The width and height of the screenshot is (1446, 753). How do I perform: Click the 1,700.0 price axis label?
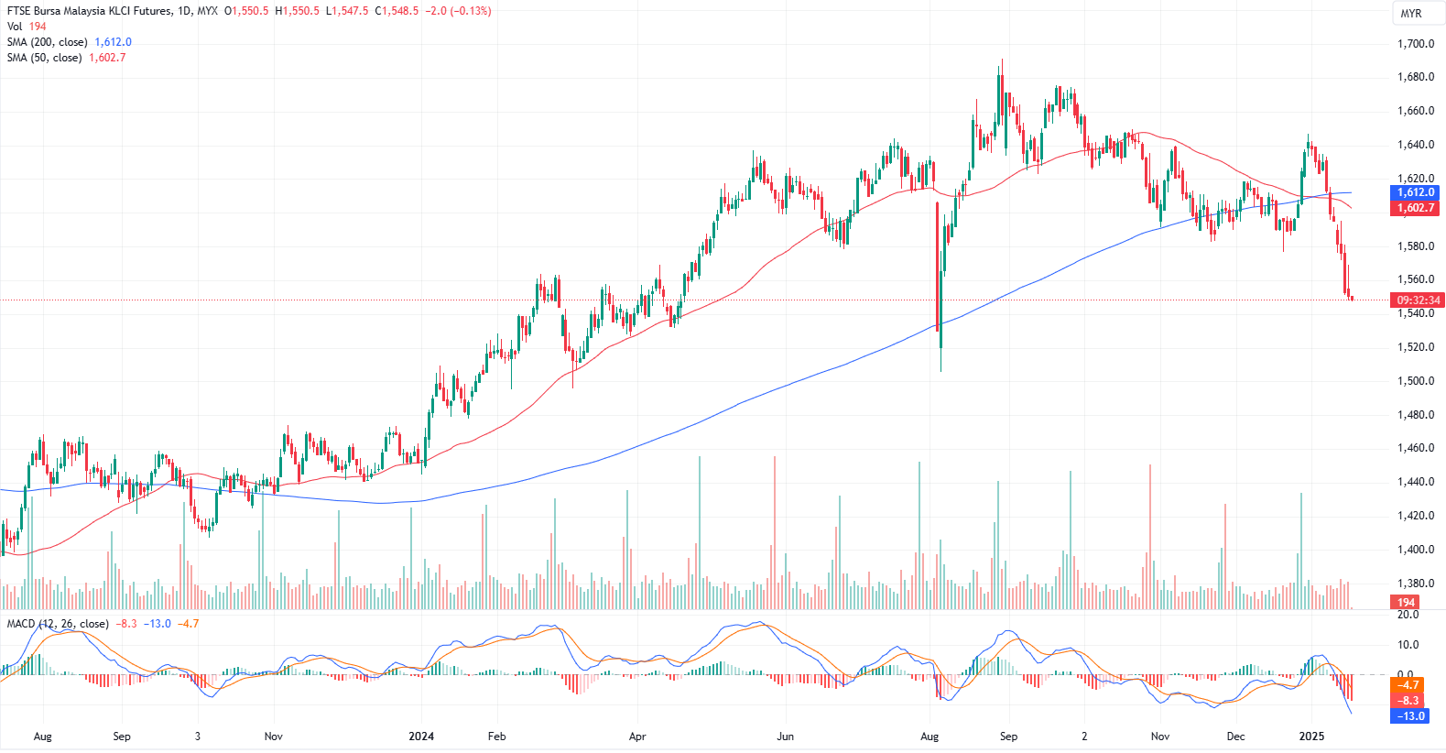(1415, 44)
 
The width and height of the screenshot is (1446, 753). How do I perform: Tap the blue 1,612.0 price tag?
(1415, 192)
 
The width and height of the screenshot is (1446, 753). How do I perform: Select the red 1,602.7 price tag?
(1415, 208)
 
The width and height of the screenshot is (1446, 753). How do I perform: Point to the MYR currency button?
(1410, 14)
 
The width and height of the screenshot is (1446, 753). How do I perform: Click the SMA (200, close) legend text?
(48, 42)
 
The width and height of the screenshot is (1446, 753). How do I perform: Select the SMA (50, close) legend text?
(45, 58)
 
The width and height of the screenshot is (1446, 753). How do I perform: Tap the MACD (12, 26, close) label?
(58, 624)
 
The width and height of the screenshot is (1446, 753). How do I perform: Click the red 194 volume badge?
(1406, 603)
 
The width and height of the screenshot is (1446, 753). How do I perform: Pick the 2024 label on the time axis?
(421, 737)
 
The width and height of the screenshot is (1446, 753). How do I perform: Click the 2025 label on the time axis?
(1311, 737)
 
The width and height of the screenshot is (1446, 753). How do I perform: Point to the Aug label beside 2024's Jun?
(930, 737)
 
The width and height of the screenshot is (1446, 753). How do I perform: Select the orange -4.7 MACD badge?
(1408, 685)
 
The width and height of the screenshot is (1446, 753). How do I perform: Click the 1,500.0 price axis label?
(1415, 381)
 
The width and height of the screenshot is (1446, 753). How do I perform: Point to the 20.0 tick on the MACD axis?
(1408, 615)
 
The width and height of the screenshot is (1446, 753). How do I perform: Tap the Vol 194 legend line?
(27, 27)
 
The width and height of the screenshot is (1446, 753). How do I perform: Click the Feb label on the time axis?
(496, 737)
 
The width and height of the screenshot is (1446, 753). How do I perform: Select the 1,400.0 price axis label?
(1415, 550)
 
